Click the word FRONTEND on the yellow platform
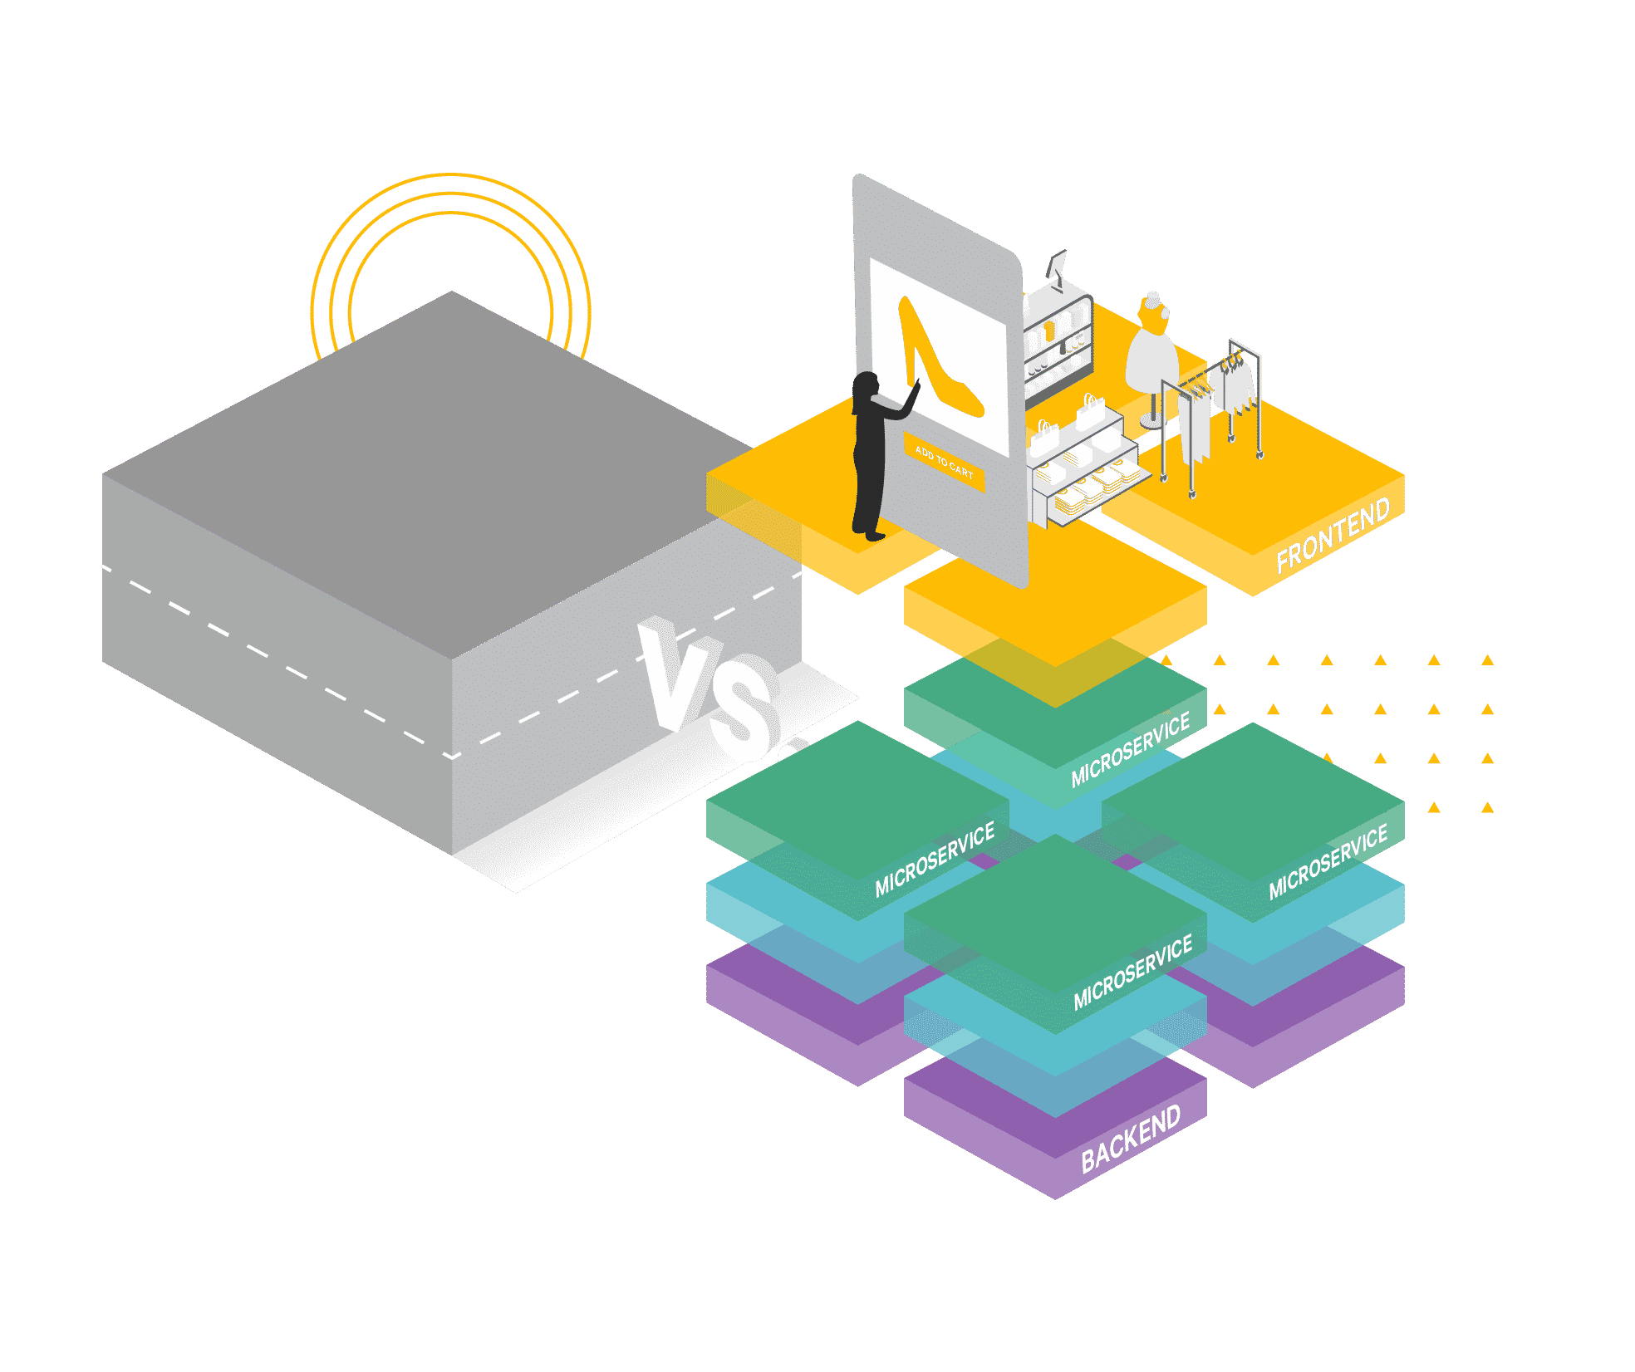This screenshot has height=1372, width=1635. pyautogui.click(x=1332, y=535)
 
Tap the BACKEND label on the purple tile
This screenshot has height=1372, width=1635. pyautogui.click(x=1130, y=1139)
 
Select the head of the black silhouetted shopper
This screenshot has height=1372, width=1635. pyautogui.click(x=866, y=385)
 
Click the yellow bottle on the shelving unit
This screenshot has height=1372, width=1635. pyautogui.click(x=1050, y=331)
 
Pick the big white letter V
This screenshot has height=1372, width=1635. pyautogui.click(x=670, y=673)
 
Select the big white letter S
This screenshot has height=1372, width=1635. pyautogui.click(x=742, y=708)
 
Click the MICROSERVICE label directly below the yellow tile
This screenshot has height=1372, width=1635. pyautogui.click(x=1130, y=749)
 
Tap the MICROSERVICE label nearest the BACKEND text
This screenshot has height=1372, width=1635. pyautogui.click(x=1132, y=973)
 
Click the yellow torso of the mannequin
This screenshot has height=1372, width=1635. pyautogui.click(x=1153, y=315)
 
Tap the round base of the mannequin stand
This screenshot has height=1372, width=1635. pyautogui.click(x=1151, y=423)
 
